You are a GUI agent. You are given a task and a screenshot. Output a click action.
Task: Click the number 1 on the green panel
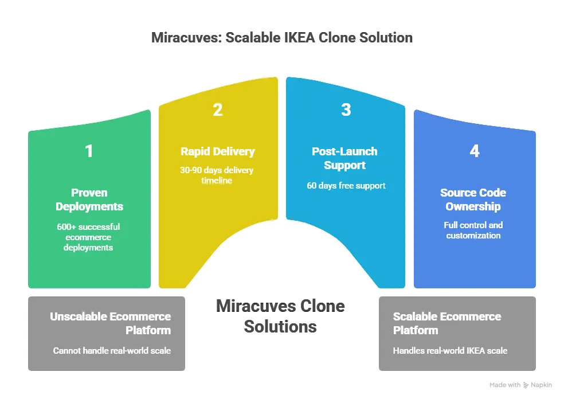tap(89, 151)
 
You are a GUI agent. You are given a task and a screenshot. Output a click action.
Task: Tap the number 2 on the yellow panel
tap(218, 109)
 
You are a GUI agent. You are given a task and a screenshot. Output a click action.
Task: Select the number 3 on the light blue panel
tap(346, 109)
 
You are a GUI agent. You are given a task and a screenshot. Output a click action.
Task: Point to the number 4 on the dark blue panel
tap(474, 151)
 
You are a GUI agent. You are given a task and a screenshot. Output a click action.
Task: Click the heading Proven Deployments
tap(89, 199)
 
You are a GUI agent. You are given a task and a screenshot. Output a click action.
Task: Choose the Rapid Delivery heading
tap(218, 152)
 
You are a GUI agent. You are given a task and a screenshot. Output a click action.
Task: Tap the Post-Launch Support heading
tap(344, 159)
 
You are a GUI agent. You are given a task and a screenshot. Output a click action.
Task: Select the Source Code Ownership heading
tap(473, 199)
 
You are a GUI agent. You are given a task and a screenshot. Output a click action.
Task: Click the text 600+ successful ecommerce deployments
tap(89, 237)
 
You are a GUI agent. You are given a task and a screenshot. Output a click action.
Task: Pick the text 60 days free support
tap(345, 185)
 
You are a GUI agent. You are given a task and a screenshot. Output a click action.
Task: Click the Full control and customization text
tap(473, 230)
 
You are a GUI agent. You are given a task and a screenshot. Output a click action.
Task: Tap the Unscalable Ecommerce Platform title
tap(110, 323)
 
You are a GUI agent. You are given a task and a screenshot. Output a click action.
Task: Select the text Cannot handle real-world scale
tap(112, 350)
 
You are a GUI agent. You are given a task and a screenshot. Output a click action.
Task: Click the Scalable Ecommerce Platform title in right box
tap(447, 323)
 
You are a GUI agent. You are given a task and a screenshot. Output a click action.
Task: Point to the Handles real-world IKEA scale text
tap(450, 350)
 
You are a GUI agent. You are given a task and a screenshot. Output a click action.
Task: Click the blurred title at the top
tap(281, 38)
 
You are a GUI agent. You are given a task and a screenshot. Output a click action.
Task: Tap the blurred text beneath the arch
tap(281, 316)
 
